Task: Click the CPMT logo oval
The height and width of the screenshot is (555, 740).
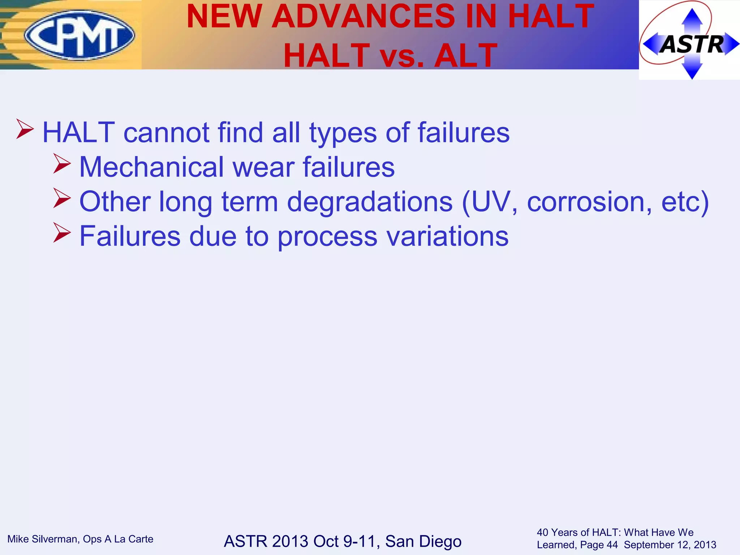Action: (79, 35)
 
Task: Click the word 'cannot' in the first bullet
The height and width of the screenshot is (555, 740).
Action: (166, 133)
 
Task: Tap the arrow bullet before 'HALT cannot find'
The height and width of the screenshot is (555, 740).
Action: (25, 130)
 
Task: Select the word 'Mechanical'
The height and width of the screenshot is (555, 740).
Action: (151, 167)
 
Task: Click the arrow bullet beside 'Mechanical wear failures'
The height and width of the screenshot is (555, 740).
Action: (62, 164)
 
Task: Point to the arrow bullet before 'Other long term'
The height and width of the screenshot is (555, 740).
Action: (62, 198)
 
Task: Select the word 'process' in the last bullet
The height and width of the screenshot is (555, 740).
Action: (327, 237)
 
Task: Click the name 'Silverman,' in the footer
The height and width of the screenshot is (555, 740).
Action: (56, 539)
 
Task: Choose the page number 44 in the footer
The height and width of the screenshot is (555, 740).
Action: (612, 545)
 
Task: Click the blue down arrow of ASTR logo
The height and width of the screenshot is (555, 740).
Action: (692, 71)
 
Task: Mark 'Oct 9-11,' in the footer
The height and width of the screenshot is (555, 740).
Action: (347, 541)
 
